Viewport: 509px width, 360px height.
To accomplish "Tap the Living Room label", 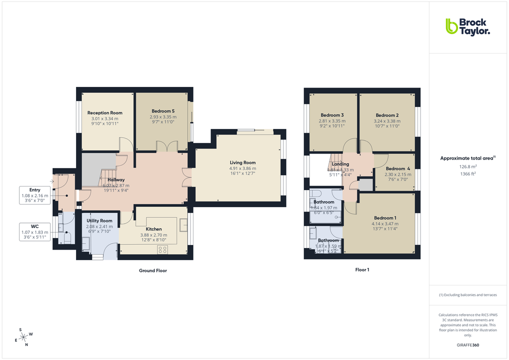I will pyautogui.click(x=242, y=162).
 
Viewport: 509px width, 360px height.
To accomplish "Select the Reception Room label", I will pyautogui.click(x=104, y=113).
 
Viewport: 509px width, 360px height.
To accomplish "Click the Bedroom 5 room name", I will pyautogui.click(x=163, y=111).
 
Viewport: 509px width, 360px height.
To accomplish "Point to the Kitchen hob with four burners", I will pyautogui.click(x=162, y=249).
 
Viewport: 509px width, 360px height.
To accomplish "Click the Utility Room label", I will pyautogui.click(x=99, y=220).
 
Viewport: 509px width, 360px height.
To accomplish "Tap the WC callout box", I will pyautogui.click(x=34, y=232).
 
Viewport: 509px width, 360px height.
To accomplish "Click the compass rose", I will pyautogui.click(x=23, y=337).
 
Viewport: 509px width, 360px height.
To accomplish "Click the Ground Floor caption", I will pyautogui.click(x=152, y=270).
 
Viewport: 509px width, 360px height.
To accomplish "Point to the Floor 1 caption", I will pyautogui.click(x=362, y=269).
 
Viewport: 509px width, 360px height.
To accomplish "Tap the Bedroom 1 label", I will pyautogui.click(x=385, y=218).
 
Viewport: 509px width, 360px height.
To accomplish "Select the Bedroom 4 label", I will pyautogui.click(x=397, y=168).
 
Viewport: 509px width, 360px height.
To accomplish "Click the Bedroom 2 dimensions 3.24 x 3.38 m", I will pyautogui.click(x=386, y=121).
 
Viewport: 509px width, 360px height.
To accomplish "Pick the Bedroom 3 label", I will pyautogui.click(x=332, y=115).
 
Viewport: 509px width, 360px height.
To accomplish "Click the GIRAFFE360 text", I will pyautogui.click(x=468, y=345).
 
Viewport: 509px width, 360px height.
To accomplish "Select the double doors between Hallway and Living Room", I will pyautogui.click(x=188, y=177).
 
